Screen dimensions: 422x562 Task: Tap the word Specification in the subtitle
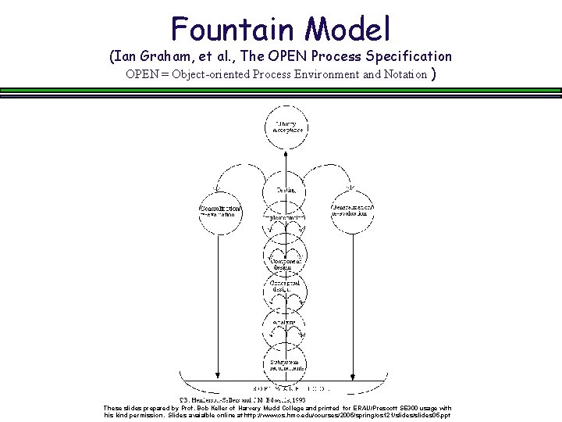[x=405, y=56]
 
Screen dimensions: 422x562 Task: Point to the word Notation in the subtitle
[x=401, y=75]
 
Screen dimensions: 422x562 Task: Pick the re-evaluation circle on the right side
[x=353, y=212]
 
